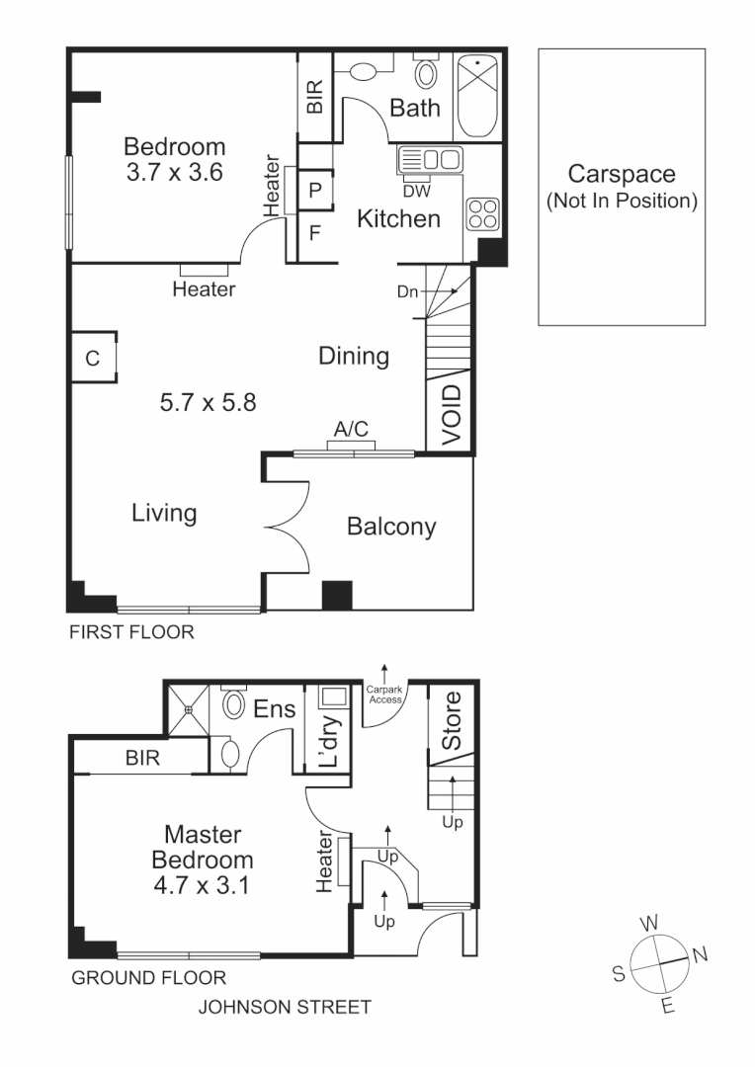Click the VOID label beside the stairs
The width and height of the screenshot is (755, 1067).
tap(450, 415)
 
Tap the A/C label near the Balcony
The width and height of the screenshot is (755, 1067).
tap(352, 430)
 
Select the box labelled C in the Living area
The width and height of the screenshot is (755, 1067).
tap(92, 359)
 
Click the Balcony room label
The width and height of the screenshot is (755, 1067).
tap(391, 527)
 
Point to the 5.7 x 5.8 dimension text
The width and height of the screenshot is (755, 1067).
tap(209, 402)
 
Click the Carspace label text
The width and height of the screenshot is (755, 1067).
tap(622, 175)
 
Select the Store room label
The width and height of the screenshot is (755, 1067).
tap(451, 720)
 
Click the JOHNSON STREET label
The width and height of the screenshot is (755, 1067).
tap(285, 1007)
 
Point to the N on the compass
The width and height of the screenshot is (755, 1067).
tap(699, 954)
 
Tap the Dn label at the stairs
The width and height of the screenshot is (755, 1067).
tap(407, 291)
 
